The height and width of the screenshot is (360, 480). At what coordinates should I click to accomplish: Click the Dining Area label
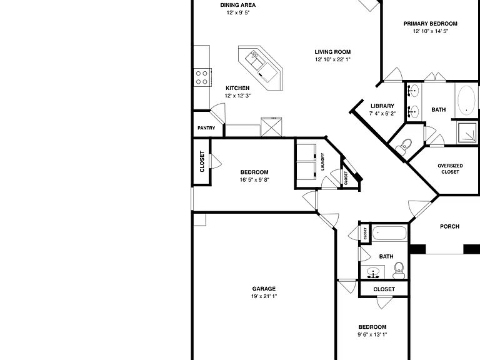tap(238, 5)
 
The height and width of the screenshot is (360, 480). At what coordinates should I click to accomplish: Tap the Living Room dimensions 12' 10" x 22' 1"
tap(332, 59)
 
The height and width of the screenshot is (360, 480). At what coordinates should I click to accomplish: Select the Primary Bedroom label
tap(431, 24)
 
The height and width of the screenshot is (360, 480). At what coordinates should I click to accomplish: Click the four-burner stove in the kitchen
tap(202, 77)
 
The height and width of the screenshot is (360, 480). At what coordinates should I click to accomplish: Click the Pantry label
tap(206, 128)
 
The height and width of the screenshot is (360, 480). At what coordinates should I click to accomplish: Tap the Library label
tap(382, 106)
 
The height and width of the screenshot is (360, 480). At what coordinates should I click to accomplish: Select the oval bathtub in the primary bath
tap(466, 100)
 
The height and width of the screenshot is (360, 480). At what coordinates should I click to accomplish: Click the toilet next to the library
tap(404, 146)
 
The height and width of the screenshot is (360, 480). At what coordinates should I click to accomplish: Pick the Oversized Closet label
tap(450, 169)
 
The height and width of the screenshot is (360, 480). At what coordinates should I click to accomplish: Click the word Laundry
tap(322, 162)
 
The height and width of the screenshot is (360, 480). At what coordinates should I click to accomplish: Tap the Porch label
tap(449, 226)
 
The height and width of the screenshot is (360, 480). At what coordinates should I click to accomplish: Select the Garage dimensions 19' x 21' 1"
tap(264, 296)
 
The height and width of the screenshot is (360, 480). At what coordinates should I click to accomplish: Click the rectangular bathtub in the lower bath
tap(389, 233)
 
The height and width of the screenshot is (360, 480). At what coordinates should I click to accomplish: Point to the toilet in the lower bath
tap(399, 270)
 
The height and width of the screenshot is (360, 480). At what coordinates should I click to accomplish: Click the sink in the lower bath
tap(373, 272)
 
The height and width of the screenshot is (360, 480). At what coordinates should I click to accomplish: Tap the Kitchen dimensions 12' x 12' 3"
tap(238, 96)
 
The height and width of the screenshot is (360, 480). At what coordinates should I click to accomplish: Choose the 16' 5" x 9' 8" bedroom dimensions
tap(254, 180)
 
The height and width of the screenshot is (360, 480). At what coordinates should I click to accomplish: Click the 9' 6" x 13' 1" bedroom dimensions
tap(372, 334)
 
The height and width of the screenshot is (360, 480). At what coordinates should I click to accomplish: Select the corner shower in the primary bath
tap(467, 132)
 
